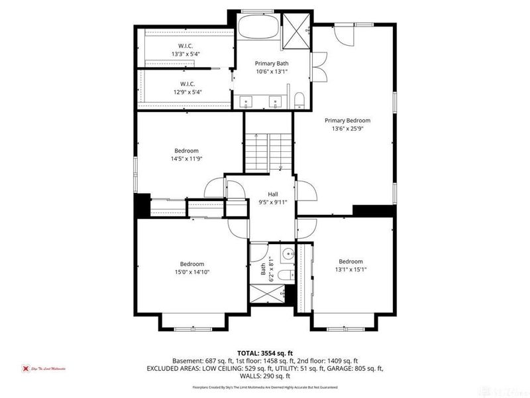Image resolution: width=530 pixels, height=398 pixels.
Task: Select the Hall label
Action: (273, 194)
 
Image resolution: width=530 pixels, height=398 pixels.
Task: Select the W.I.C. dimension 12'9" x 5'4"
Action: (186, 92)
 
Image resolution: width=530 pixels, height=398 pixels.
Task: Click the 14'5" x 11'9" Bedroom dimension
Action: (186, 159)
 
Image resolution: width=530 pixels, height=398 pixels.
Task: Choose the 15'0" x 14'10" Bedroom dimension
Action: (191, 272)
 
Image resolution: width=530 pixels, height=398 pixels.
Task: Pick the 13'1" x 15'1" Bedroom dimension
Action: (350, 270)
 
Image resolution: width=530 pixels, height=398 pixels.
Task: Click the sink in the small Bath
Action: (287, 253)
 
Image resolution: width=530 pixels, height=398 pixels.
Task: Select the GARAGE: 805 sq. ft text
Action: (355, 367)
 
